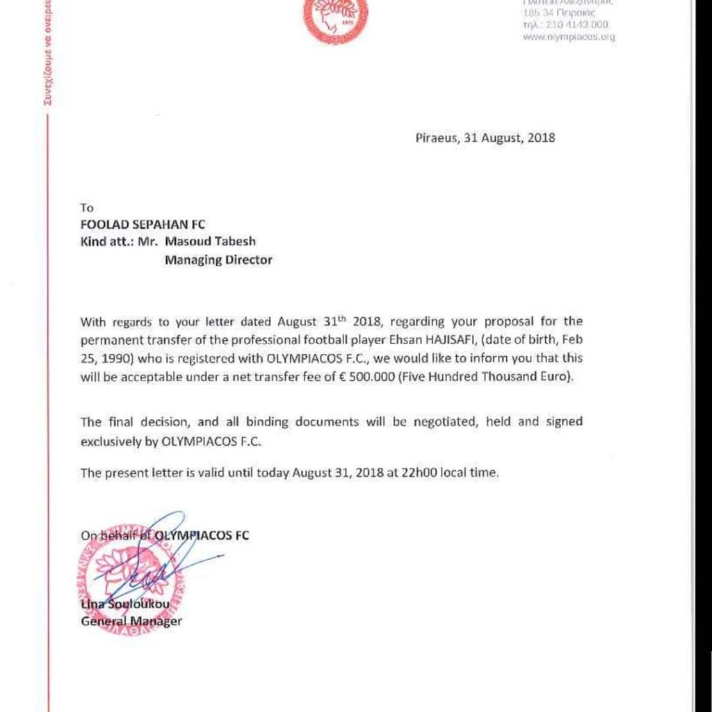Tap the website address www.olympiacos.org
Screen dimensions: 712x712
click(x=569, y=37)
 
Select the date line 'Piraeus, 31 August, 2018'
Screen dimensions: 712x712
click(x=485, y=138)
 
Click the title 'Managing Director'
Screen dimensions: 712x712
click(x=218, y=260)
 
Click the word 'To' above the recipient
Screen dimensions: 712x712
click(x=87, y=207)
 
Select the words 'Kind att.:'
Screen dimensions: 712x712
click(x=104, y=241)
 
